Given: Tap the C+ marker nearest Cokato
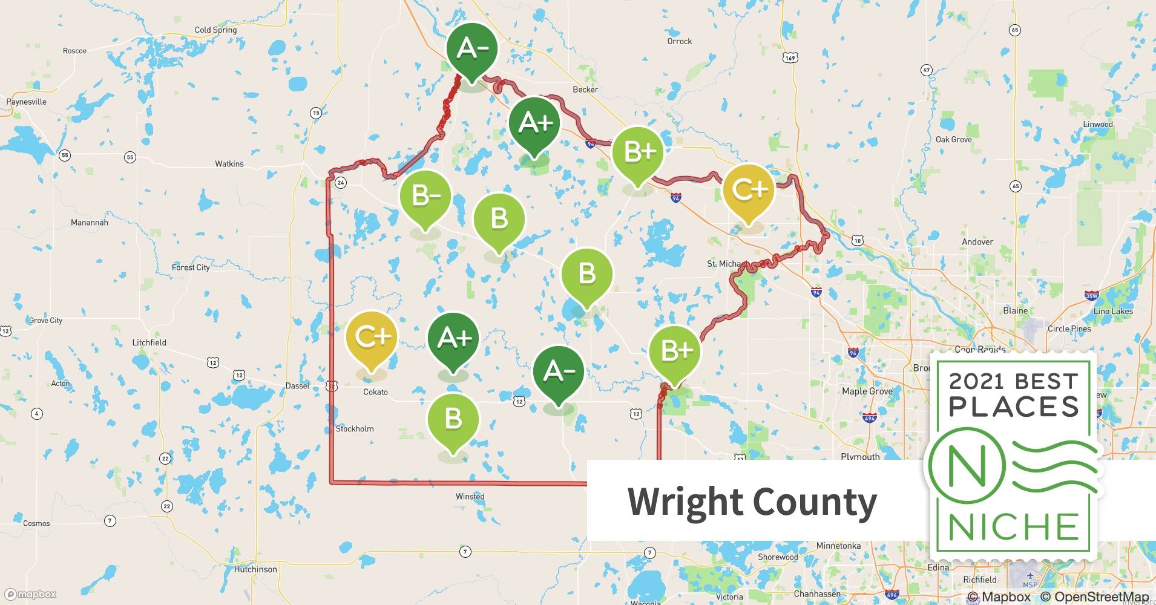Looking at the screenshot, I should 372,337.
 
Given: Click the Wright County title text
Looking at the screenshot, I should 752,502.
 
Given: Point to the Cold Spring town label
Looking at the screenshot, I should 215,30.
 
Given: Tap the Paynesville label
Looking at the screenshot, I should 27,102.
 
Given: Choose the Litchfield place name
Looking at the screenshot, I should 149,342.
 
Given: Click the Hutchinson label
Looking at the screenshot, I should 255,569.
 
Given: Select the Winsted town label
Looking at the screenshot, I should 470,497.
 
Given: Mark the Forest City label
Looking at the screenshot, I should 191,267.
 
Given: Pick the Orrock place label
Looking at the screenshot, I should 679,41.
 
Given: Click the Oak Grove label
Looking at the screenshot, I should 953,139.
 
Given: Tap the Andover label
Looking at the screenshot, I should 977,242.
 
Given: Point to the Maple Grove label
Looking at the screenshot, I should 867,391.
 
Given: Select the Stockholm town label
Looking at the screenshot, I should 355,429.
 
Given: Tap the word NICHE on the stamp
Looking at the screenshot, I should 1014,527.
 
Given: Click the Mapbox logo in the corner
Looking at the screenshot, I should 30,594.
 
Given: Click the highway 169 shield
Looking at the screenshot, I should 790,57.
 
